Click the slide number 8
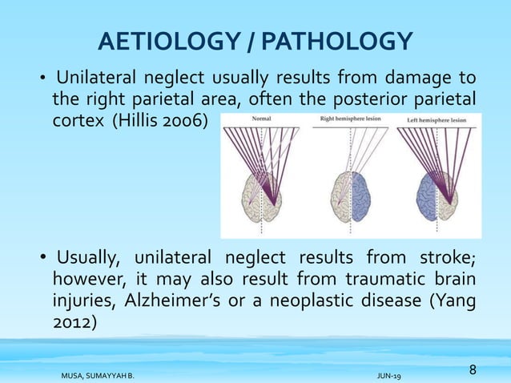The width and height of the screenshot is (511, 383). pos(473,369)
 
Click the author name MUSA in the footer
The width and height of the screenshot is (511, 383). pos(75,374)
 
